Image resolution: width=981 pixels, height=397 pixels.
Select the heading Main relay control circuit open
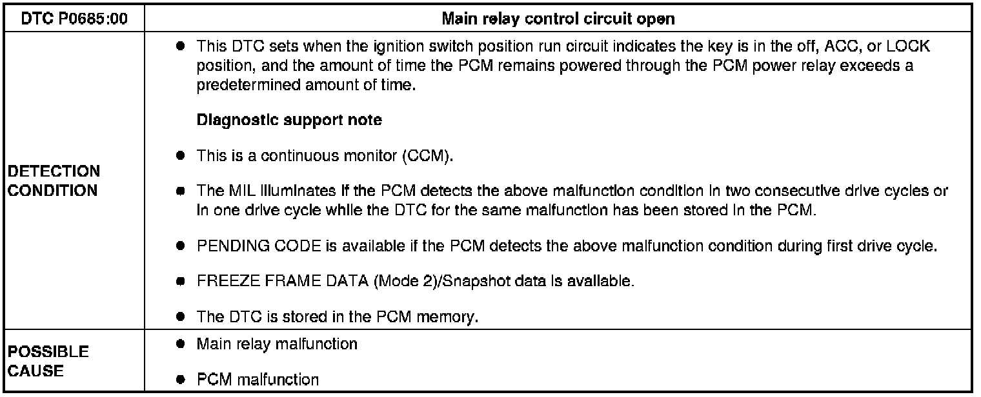558,19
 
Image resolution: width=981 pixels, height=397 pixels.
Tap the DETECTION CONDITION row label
54,181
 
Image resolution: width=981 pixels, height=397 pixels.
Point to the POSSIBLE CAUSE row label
48,362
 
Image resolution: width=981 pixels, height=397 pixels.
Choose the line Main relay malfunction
277,344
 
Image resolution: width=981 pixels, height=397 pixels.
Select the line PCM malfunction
258,379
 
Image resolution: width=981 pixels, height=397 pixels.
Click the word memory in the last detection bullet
452,317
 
